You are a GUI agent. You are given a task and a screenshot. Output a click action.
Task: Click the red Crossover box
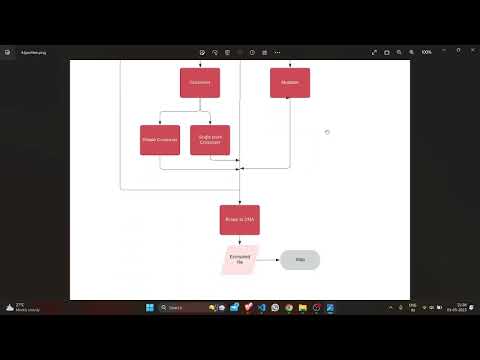[200, 82]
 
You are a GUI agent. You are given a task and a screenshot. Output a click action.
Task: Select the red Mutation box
[290, 82]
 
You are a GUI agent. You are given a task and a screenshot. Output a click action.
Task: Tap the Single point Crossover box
[210, 140]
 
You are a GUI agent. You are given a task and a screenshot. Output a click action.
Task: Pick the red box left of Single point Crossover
[160, 140]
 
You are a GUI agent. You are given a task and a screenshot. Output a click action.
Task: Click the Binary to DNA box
[240, 219]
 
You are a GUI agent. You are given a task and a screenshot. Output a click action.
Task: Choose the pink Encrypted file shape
[240, 259]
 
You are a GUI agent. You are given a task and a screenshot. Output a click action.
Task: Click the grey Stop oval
[300, 260]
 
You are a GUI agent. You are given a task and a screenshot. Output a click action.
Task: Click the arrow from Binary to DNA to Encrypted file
[240, 240]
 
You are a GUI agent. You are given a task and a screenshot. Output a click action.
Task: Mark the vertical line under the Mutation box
[290, 130]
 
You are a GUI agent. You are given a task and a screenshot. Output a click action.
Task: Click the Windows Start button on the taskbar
[149, 307]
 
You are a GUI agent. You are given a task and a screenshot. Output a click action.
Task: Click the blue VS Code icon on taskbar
[261, 307]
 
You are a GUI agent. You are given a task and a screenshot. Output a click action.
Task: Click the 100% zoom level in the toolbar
[426, 52]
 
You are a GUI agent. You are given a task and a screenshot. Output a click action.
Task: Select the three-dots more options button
[277, 52]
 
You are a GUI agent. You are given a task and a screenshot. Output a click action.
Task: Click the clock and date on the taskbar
[461, 307]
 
